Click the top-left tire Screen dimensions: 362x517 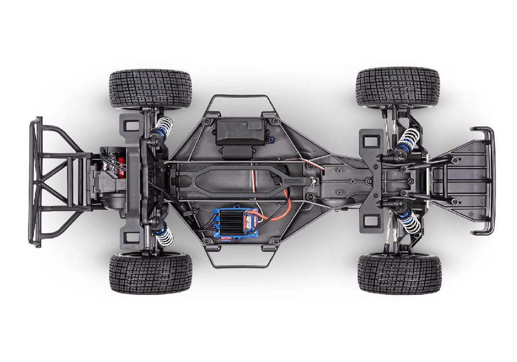(x=150, y=89)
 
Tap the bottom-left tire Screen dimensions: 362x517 (x=150, y=273)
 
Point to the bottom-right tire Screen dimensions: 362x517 (x=399, y=274)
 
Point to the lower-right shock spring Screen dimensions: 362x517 (x=409, y=223)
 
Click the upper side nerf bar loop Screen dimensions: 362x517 (x=238, y=98)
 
